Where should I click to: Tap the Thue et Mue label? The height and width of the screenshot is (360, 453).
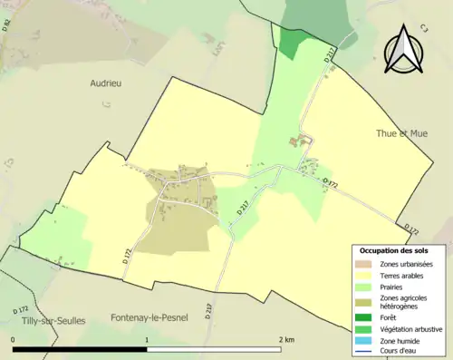pos(401,133)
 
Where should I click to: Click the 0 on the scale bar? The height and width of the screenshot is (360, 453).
pos(14,340)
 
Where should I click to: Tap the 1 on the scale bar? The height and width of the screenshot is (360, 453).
pos(147,340)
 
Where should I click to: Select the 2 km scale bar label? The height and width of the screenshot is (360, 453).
pos(285,340)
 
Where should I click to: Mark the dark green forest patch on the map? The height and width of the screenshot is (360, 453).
pos(288,42)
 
